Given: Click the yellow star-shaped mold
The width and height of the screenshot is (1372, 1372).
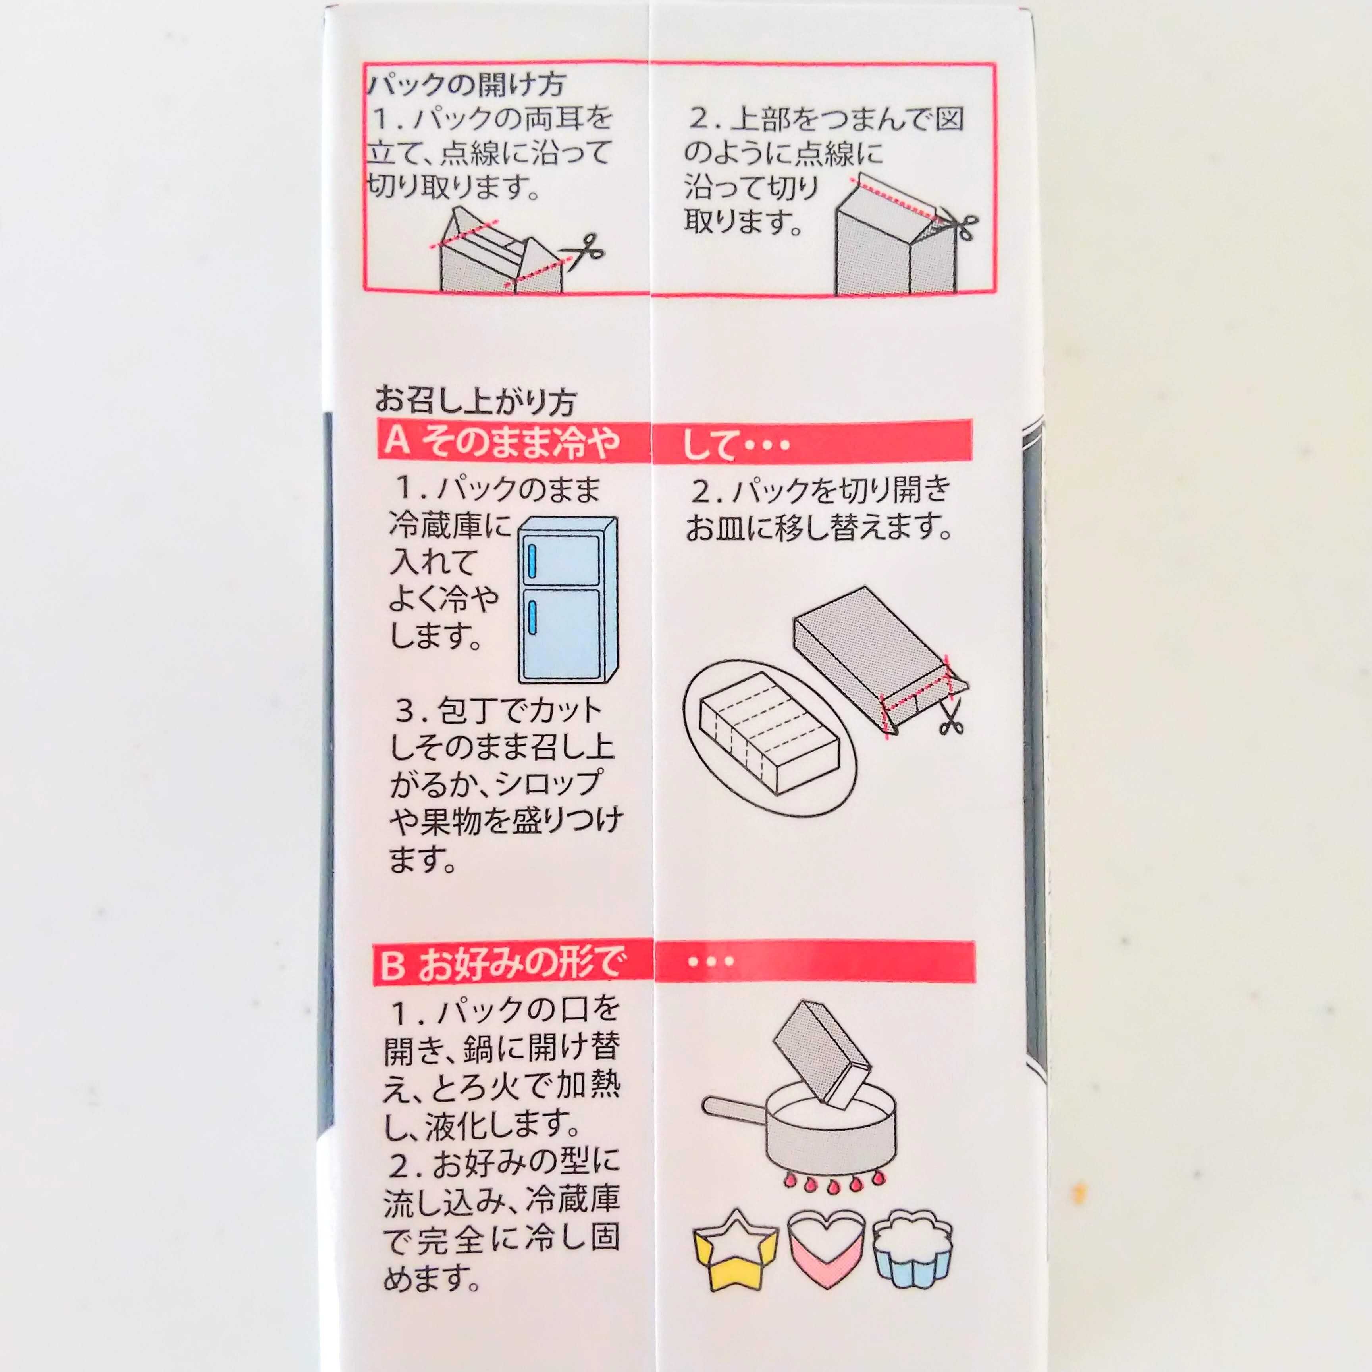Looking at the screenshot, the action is [x=735, y=1249].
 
